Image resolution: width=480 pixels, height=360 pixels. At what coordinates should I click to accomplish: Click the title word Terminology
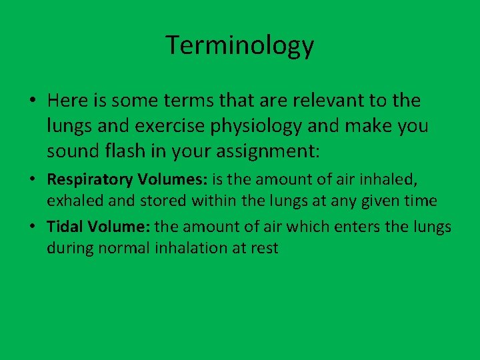click(240, 45)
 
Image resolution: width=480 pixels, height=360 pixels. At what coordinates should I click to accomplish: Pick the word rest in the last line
click(265, 248)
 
